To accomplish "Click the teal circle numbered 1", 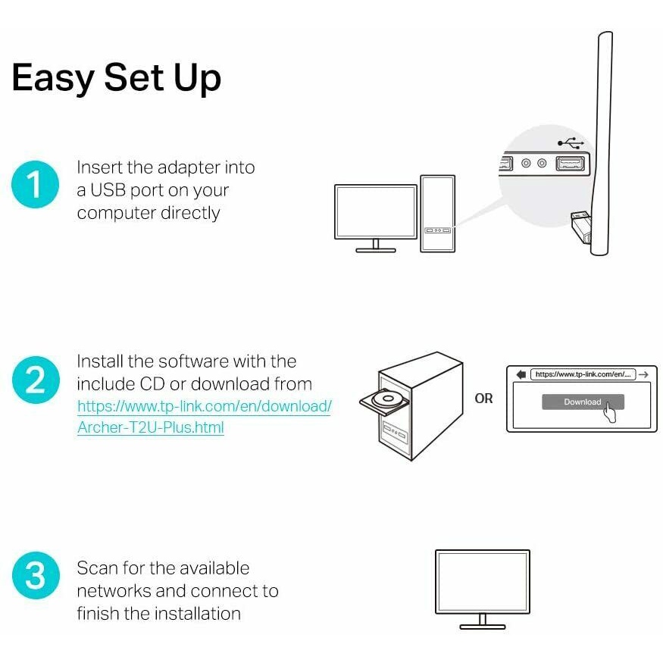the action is [x=35, y=184].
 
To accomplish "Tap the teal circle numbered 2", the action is [x=36, y=380].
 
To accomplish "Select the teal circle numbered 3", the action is [x=36, y=575].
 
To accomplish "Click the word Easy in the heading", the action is [x=53, y=78].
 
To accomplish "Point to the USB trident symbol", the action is [x=571, y=143].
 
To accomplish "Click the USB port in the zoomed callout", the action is [x=571, y=163].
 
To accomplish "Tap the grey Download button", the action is [x=583, y=402].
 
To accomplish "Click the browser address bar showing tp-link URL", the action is [x=583, y=374].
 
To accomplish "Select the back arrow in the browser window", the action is [x=521, y=374].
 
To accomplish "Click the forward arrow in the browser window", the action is [x=643, y=374].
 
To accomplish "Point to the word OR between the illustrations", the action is [x=483, y=399].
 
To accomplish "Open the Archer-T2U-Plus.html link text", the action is [x=151, y=427].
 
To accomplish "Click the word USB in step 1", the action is [x=108, y=190].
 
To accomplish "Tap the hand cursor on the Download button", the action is [x=609, y=412].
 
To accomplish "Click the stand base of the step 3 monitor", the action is [x=483, y=627].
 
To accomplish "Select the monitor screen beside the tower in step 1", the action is [x=376, y=212].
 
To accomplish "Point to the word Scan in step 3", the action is [x=97, y=568].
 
